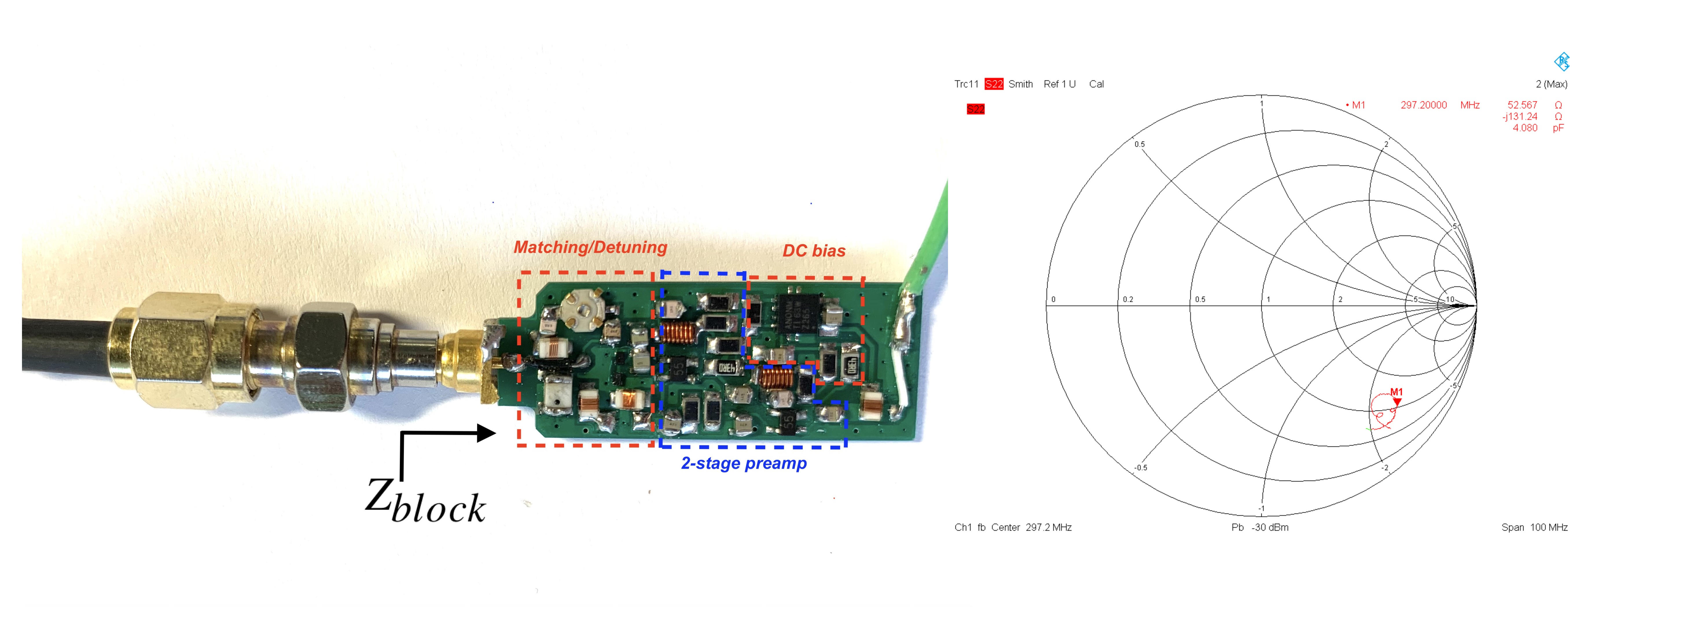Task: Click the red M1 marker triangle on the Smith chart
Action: coord(1397,401)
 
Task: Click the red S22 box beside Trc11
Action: coord(993,84)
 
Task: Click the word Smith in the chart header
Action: coord(1021,84)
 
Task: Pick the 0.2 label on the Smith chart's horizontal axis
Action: coord(1128,300)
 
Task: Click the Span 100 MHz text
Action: coord(1534,527)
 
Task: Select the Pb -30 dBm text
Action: coord(1260,527)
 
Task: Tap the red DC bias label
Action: coord(814,251)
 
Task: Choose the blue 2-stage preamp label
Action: coord(743,463)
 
